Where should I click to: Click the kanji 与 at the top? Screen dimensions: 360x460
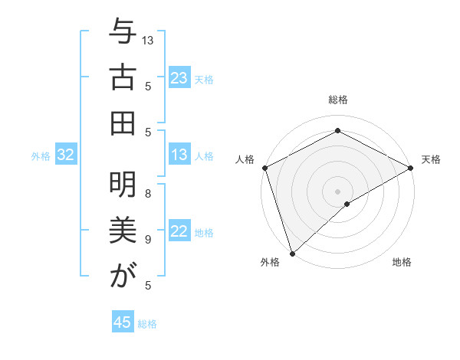pyautogui.click(x=121, y=34)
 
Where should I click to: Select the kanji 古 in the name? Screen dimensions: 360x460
pyautogui.click(x=121, y=78)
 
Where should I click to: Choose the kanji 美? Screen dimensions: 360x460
pyautogui.click(x=121, y=231)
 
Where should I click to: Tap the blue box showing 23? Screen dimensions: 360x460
pyautogui.click(x=179, y=78)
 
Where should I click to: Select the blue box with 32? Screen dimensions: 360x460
pyautogui.click(x=65, y=155)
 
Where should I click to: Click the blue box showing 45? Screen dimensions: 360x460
pyautogui.click(x=123, y=322)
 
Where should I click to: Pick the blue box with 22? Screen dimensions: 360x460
pyautogui.click(x=179, y=231)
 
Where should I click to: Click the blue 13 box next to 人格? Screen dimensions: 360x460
pyautogui.click(x=179, y=155)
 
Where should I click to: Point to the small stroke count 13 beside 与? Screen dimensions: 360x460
pyautogui.click(x=148, y=40)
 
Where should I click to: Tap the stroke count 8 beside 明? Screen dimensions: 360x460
pyautogui.click(x=148, y=194)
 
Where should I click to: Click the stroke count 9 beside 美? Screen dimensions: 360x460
pyautogui.click(x=148, y=240)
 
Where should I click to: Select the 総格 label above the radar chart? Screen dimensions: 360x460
pyautogui.click(x=337, y=100)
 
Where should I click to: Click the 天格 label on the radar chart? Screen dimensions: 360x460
pyautogui.click(x=431, y=159)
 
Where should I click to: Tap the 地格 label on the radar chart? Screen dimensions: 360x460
pyautogui.click(x=402, y=262)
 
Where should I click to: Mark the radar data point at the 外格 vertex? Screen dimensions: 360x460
pyautogui.click(x=292, y=253)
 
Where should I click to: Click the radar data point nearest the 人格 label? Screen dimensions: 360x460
pyautogui.click(x=264, y=168)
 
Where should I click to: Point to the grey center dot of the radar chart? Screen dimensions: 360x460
pyautogui.click(x=337, y=190)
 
